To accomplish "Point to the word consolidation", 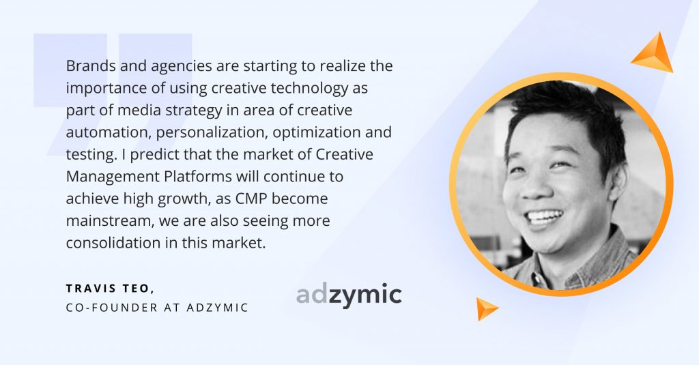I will [114, 242].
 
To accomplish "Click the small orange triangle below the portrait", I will [487, 308].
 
